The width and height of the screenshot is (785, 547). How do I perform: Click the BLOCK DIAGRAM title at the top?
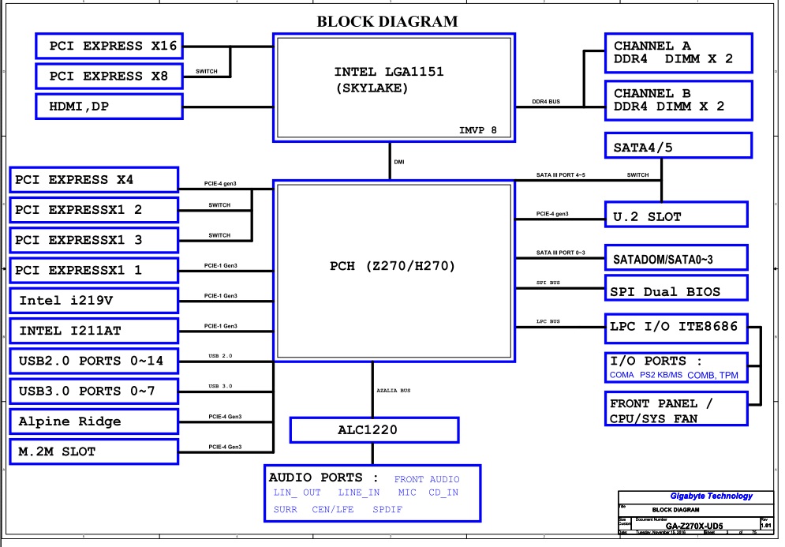pos(387,21)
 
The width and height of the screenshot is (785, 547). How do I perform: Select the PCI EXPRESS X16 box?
pos(108,46)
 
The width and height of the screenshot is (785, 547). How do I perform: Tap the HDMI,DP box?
pos(108,106)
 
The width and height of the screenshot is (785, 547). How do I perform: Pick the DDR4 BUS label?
pos(546,102)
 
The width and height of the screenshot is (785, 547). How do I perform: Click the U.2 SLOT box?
pos(676,215)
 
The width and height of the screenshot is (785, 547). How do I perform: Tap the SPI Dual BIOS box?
pos(676,290)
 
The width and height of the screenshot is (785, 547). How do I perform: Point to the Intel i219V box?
pos(93,300)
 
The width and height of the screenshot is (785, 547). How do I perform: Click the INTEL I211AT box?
pos(93,330)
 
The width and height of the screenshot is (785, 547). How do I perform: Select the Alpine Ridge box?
pos(93,421)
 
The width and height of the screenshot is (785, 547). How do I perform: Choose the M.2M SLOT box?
pos(93,451)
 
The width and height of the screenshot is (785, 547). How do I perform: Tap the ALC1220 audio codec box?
pos(374,430)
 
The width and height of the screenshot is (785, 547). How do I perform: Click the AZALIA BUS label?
pos(394,391)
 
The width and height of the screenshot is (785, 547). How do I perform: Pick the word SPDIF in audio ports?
pos(387,510)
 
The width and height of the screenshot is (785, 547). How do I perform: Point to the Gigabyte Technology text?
pos(711,496)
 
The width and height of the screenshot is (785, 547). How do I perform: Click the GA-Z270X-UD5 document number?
pos(694,525)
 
